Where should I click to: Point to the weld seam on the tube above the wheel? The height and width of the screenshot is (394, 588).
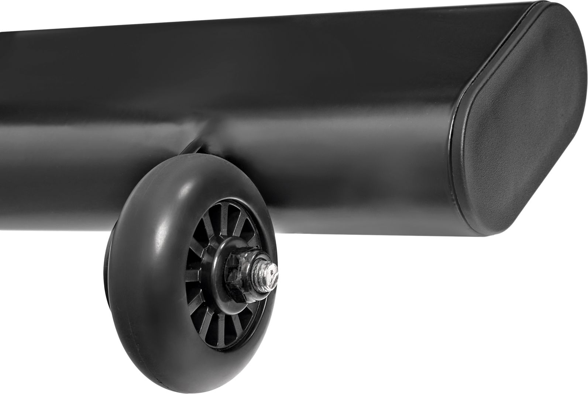(x=207, y=122)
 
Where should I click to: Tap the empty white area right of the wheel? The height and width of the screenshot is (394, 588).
(x=406, y=314)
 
